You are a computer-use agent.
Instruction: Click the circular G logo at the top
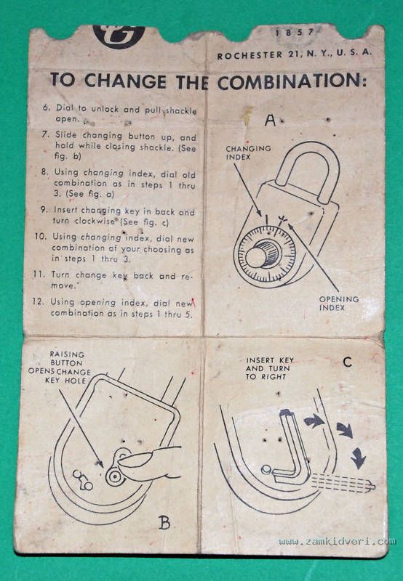[x=119, y=36]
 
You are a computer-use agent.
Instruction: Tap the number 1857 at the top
[x=295, y=32]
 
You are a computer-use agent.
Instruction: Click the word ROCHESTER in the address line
[x=250, y=55]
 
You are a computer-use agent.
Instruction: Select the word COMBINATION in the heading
[x=292, y=81]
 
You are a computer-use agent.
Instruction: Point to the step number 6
[x=46, y=107]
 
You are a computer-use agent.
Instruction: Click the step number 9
[x=44, y=209]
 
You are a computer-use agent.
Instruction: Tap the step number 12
[x=38, y=301]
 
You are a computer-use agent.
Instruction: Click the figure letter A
[x=270, y=120]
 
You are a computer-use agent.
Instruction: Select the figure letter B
[x=164, y=522]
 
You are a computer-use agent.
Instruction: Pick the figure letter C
[x=347, y=362]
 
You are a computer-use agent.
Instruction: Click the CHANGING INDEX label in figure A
[x=248, y=153]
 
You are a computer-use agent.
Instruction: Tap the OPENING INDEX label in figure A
[x=339, y=303]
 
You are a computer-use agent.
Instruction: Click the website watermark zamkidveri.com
[x=337, y=542]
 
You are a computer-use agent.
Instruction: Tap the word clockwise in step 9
[x=97, y=221]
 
